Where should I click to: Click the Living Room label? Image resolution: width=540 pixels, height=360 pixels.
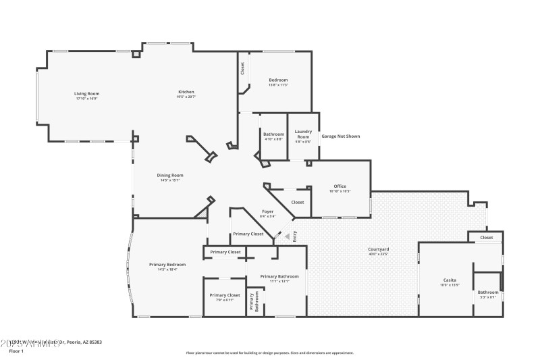click(x=86, y=94)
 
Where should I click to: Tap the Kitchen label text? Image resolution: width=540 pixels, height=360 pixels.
click(x=186, y=93)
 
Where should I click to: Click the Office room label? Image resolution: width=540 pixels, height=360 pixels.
click(x=340, y=186)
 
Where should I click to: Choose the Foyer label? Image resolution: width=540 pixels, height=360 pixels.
click(x=267, y=212)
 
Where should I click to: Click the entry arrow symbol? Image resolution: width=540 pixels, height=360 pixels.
click(x=286, y=237)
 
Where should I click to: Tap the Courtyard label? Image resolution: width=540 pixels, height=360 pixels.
click(x=378, y=250)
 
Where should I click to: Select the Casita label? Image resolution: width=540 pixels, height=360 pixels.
click(x=449, y=280)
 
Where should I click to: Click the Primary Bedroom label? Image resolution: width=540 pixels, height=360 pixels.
click(x=167, y=265)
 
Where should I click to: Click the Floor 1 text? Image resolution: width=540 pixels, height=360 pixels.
click(x=16, y=351)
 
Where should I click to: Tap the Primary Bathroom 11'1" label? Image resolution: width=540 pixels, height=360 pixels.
click(x=279, y=277)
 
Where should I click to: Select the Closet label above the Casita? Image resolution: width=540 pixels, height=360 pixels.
click(x=487, y=238)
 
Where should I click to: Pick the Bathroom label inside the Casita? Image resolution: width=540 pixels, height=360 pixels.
click(x=487, y=292)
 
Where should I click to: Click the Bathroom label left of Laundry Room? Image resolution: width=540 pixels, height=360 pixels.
click(x=273, y=134)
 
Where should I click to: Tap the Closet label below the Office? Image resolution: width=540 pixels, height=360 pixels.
click(x=297, y=202)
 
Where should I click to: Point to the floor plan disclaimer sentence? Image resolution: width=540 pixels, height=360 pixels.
click(x=269, y=353)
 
